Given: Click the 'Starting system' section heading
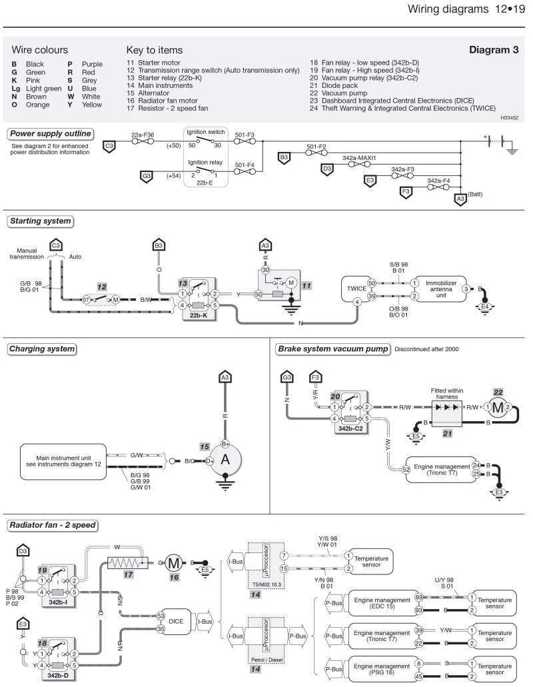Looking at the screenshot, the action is point(40,221).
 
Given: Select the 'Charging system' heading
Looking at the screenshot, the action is point(42,349).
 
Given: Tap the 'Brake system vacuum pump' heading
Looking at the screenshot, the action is point(333,349).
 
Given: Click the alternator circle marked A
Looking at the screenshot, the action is point(225,460).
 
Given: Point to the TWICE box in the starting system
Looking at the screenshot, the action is point(356,289).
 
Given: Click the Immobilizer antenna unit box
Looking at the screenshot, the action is point(440,289).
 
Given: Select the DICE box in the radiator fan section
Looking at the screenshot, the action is point(176,621).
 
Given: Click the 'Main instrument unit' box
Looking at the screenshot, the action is point(63,462).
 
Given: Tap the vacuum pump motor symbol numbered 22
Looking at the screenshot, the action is point(498,407).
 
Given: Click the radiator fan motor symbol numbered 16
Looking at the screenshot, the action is point(174,563).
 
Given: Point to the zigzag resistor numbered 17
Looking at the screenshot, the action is point(127,562).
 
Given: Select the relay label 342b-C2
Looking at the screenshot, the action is point(350,428).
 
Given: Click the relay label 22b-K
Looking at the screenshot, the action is point(199,315).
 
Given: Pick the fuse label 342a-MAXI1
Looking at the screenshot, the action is point(359,158).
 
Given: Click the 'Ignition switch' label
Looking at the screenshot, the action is point(206,132).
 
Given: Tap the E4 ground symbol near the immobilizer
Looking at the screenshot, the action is point(484,308).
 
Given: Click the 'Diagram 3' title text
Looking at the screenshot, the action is point(494,50).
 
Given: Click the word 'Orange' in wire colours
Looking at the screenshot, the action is point(38,105).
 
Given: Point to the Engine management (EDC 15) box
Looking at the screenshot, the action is point(382,603).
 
